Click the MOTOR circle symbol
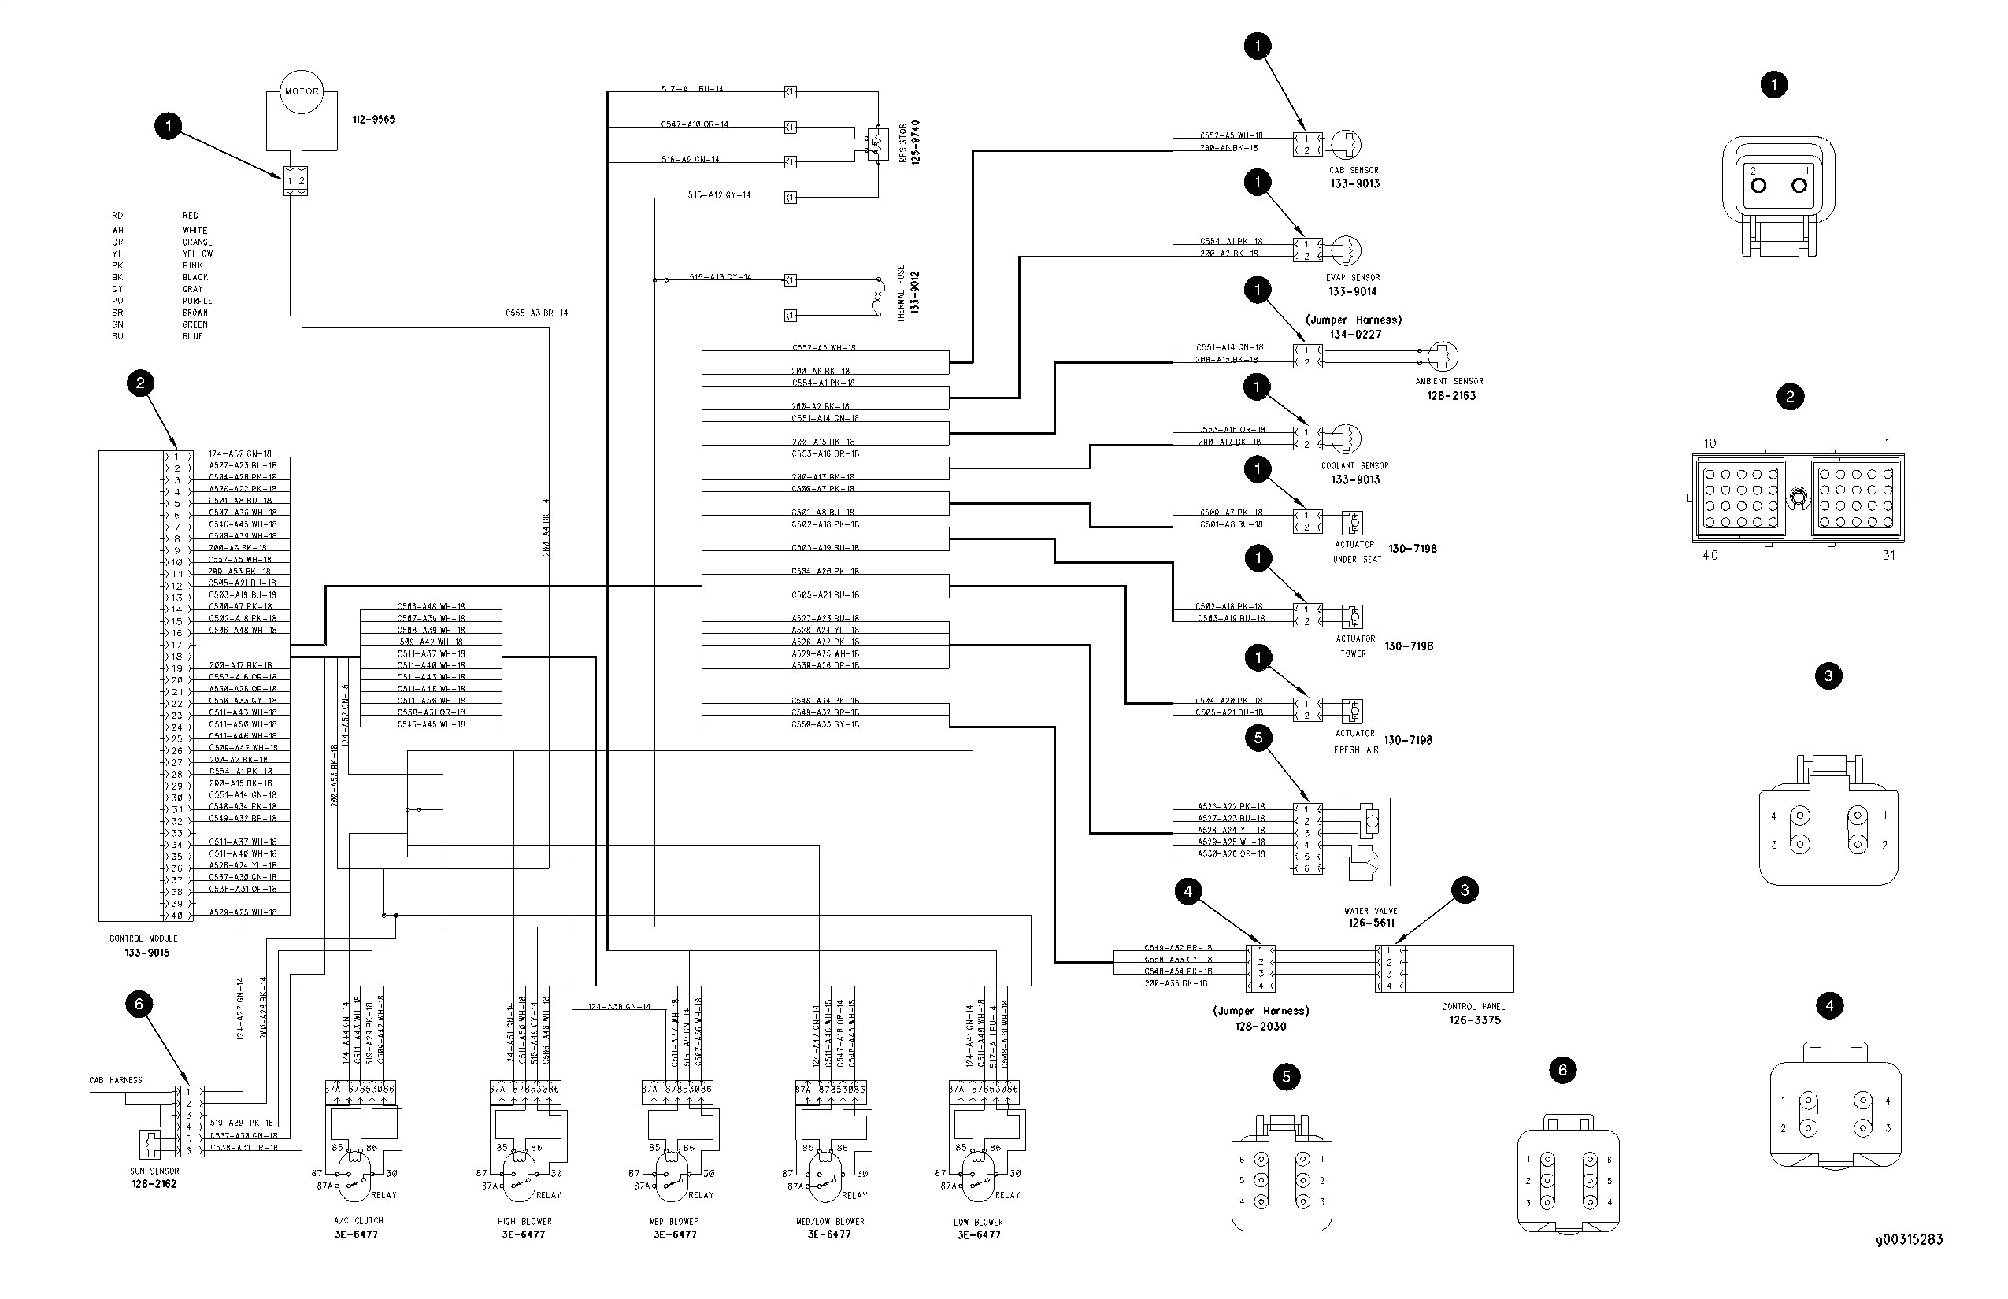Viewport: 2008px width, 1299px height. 301,91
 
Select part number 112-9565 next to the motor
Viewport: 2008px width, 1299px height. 373,120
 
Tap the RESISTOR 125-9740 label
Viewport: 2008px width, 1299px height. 909,142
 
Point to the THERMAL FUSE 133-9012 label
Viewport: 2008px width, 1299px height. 908,293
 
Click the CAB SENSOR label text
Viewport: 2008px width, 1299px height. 1354,170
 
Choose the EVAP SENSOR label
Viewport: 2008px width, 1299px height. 1353,277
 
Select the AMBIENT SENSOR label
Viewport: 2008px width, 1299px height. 1449,381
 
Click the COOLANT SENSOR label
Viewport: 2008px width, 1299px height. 1354,465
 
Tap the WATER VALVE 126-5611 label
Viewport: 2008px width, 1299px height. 1370,917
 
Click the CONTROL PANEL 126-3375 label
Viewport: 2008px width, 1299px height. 1473,1013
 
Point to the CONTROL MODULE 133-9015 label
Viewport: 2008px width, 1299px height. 144,945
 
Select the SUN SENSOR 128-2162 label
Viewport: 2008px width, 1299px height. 154,1178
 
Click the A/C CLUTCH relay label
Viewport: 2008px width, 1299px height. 358,1227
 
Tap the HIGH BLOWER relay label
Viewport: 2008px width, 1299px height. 524,1227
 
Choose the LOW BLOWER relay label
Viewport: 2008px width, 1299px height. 978,1228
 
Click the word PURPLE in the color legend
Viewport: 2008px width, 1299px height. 198,301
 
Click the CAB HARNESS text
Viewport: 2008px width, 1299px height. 116,1080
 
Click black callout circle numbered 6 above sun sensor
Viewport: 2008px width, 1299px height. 139,1004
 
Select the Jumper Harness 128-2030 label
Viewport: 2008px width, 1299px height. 1261,1018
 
